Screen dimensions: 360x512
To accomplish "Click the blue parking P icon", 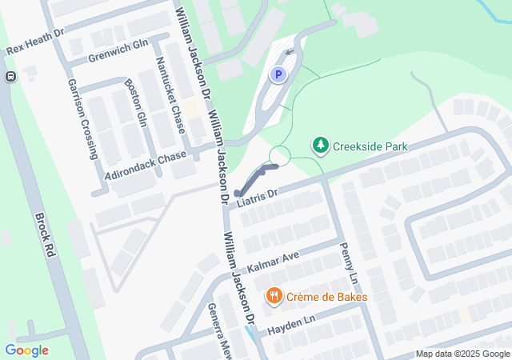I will (278, 75).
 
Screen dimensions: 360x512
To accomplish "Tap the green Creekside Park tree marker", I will (320, 145).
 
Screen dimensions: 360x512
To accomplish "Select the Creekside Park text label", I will (371, 146).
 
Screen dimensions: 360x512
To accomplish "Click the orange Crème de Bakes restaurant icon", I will (274, 297).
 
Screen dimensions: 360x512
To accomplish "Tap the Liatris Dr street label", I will (257, 197).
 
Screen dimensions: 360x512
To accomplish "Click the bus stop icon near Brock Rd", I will (10, 77).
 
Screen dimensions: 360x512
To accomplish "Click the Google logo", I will (27, 350).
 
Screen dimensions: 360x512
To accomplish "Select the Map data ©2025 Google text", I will (462, 354).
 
